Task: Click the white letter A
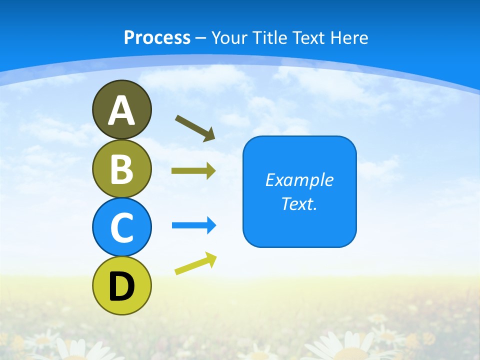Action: coord(121,110)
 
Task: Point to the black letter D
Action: coord(121,286)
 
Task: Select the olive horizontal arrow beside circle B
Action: coord(193,171)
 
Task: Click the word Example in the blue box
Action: coord(299,180)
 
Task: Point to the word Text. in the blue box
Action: coord(299,204)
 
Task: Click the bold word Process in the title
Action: coord(157,37)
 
